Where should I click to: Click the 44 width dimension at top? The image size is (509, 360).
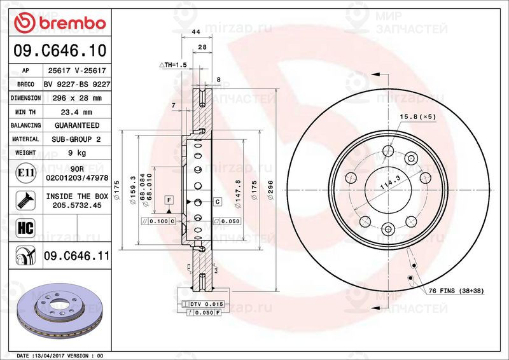pyautogui.click(x=196, y=32)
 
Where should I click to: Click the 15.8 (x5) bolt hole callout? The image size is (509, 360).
pyautogui.click(x=417, y=117)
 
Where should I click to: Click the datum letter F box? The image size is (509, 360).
pyautogui.click(x=169, y=200)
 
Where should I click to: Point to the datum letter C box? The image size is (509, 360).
pyautogui.click(x=217, y=202)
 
